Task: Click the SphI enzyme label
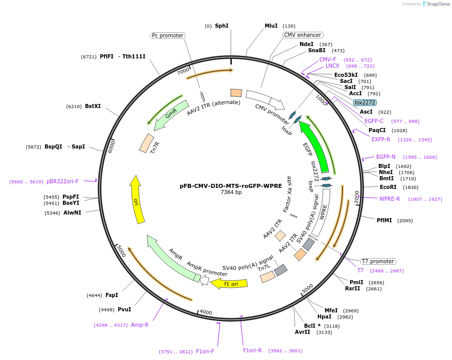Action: click(x=222, y=26)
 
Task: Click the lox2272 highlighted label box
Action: click(x=365, y=102)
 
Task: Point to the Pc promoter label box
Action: click(x=167, y=35)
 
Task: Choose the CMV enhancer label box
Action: click(x=303, y=35)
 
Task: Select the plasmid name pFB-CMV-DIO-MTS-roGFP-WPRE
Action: click(x=231, y=186)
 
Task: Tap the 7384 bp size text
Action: click(x=231, y=193)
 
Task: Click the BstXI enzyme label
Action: click(x=93, y=107)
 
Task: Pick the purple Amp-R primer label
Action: click(x=140, y=325)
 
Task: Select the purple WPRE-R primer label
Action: click(x=390, y=199)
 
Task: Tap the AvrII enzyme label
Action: click(x=303, y=332)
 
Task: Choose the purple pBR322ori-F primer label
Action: click(x=62, y=181)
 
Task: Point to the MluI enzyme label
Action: click(x=271, y=26)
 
